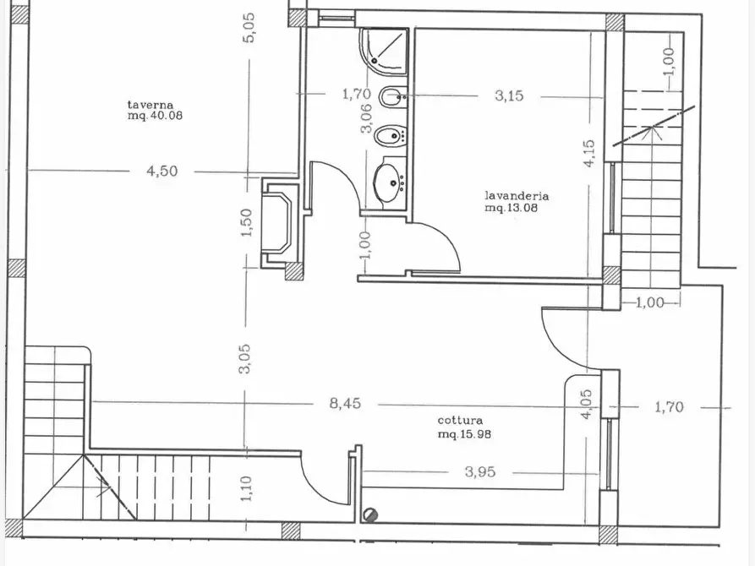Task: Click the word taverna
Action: (150, 105)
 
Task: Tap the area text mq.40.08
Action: (155, 116)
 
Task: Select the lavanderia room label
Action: (517, 196)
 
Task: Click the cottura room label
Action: (460, 421)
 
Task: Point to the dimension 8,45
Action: (345, 403)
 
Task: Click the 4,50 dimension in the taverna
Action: (162, 171)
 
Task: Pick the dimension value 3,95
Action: (480, 472)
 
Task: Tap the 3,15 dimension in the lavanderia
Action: (509, 95)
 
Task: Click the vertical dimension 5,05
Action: (249, 27)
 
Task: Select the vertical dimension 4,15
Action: (589, 154)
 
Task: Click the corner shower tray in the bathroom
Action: (384, 52)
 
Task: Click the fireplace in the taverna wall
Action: (277, 223)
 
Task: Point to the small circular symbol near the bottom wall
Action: (371, 515)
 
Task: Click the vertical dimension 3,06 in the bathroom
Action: (366, 118)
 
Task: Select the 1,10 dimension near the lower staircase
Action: (246, 488)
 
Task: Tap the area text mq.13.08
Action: (512, 208)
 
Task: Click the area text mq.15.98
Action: (465, 434)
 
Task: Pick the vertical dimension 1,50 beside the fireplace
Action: (246, 222)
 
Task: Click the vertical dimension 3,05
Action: (245, 359)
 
